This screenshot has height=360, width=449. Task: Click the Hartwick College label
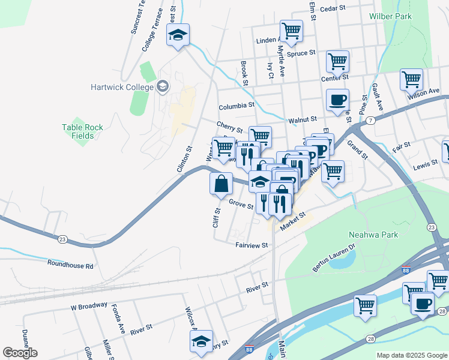[122, 86]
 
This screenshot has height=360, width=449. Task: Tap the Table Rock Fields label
[82, 131]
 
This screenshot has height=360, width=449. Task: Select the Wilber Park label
[390, 16]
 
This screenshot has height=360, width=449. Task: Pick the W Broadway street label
[89, 305]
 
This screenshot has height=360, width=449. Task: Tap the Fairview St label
[252, 245]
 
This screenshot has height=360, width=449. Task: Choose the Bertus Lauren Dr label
[334, 256]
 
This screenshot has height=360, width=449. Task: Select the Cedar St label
[334, 8]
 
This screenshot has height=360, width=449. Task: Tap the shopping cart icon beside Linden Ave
[291, 31]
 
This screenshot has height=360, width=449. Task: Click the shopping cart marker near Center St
[337, 62]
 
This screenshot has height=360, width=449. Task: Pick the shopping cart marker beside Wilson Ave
[411, 79]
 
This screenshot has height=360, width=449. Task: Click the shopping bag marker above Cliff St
[221, 184]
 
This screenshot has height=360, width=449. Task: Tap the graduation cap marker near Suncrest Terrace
[178, 35]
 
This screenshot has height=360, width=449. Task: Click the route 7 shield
[372, 121]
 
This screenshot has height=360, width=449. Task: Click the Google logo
[20, 353]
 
